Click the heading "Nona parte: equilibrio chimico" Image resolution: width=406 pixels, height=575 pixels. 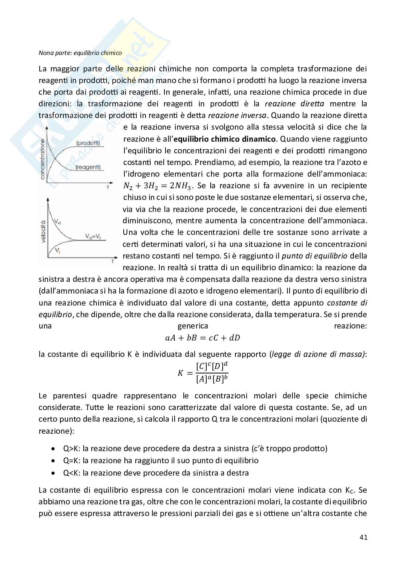coord(80,53)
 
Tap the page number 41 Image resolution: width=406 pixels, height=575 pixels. coord(363,537)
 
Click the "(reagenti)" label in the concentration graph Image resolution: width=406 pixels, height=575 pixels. coord(88,167)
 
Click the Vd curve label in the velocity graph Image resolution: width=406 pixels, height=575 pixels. coord(57,221)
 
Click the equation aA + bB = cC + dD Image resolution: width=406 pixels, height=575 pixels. coord(203,338)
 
